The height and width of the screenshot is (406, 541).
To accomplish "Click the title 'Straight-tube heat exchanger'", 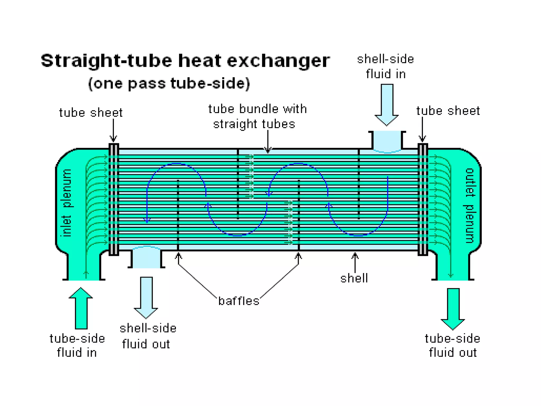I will pos(185,61).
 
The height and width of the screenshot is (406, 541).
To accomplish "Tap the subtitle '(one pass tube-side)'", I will pos(169,83).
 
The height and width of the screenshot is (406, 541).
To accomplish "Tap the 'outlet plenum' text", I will pos(469,205).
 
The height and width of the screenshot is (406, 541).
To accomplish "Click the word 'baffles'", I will pos(239,301).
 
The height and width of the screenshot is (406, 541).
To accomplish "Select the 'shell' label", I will pos(354,278).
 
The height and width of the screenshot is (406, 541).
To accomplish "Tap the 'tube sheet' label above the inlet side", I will pos(91,113).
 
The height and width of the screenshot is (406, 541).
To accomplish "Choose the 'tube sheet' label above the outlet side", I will pos(448,111).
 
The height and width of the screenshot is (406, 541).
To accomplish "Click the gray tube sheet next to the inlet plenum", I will pos(114,200).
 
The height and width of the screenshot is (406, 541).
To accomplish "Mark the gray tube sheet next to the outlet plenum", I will pos(423,200).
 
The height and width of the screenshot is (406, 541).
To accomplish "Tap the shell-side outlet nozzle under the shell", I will pos(146,258).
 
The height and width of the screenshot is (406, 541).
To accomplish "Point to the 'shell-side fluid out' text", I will pos(148,336).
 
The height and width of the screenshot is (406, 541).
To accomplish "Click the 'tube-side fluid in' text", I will pos(77,345).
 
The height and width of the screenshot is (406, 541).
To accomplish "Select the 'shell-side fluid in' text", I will pos(385,66).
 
